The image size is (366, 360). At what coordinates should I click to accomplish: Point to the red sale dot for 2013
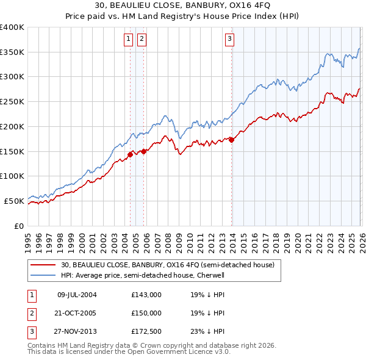point(232,140)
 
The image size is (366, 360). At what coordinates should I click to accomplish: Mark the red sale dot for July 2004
point(131,154)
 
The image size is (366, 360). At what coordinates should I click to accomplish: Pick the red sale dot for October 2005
point(144,151)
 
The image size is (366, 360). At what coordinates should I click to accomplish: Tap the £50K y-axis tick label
point(14,201)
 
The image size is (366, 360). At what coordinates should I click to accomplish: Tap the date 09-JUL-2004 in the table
point(77,294)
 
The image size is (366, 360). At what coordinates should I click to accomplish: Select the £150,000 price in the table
point(146,312)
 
